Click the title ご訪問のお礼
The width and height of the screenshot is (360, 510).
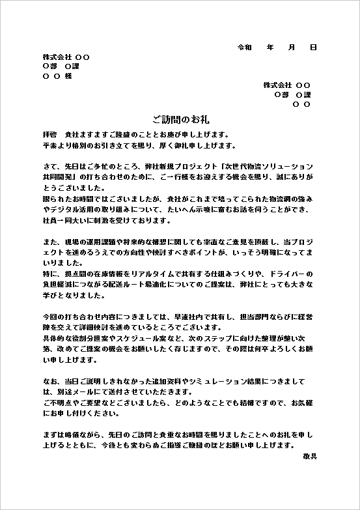[x=180, y=120]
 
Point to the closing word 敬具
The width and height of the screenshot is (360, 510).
[x=310, y=457]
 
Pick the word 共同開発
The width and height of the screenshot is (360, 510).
[x=58, y=177]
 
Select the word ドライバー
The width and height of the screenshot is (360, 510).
[x=292, y=274]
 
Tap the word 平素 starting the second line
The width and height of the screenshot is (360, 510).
[x=49, y=145]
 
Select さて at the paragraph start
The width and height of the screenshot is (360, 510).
[x=49, y=166]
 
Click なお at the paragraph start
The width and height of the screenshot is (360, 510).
[x=49, y=380]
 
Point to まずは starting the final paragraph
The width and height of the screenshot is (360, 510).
[x=54, y=434]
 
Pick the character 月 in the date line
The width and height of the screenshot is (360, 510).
[x=291, y=48]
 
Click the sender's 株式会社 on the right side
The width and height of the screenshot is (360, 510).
[x=277, y=85]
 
